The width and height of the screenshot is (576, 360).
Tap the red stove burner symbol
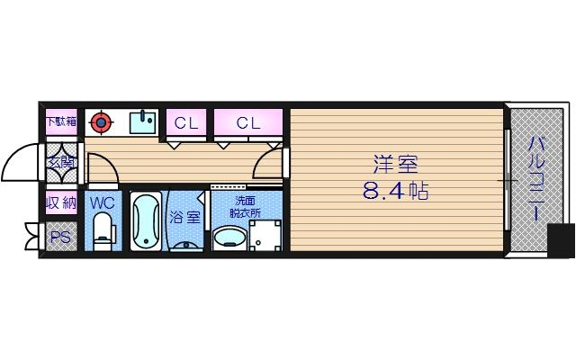click(103, 121)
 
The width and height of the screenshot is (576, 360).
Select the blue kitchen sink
click(143, 121)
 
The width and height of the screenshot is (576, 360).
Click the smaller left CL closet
click(186, 122)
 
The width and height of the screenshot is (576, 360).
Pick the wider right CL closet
click(249, 122)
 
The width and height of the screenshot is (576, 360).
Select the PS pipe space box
click(60, 238)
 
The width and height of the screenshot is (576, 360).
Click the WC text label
click(102, 202)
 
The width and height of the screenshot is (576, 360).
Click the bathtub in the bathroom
click(145, 222)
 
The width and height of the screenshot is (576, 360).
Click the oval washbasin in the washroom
click(229, 238)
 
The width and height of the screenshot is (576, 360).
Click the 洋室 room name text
click(396, 166)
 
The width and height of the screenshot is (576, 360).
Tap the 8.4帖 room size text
click(396, 192)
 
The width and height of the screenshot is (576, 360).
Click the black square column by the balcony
click(561, 240)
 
